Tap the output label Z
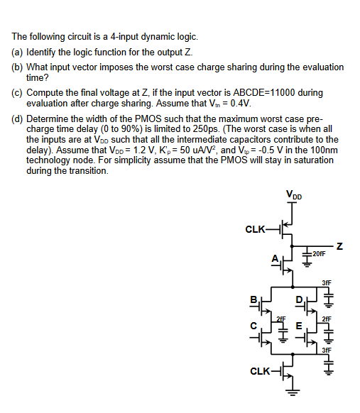[x=340, y=246]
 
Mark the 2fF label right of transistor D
[x=326, y=319]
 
